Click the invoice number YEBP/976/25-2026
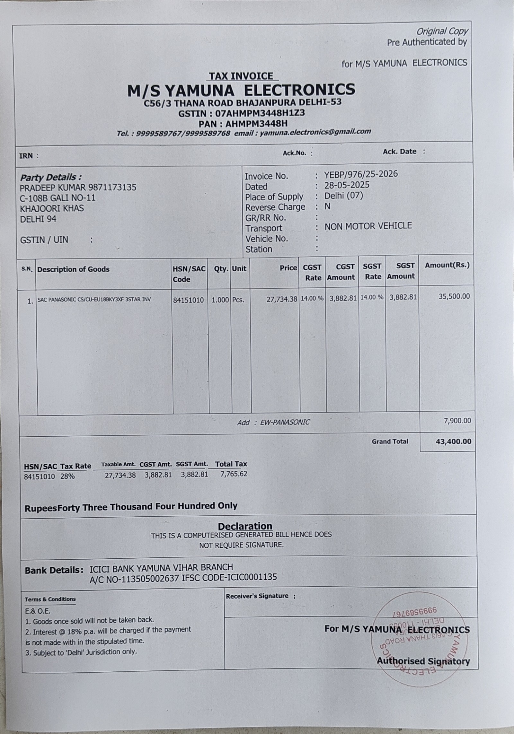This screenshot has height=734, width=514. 361,174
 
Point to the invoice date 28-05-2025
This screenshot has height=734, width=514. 347,185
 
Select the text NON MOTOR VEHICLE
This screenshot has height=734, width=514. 368,226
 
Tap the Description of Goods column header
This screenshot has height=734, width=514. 73,269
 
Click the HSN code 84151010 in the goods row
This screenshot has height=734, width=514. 188,300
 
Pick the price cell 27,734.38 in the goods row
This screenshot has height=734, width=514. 281,299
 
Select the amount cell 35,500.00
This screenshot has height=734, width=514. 454,296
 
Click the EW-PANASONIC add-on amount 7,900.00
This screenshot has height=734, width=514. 457,421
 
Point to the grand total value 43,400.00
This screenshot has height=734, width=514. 453,441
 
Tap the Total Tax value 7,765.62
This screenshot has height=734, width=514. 234,474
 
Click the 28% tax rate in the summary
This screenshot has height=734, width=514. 67,476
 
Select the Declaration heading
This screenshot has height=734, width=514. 245,526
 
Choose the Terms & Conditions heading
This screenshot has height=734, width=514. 50,599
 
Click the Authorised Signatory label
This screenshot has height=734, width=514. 423,661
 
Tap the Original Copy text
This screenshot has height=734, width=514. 442,31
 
